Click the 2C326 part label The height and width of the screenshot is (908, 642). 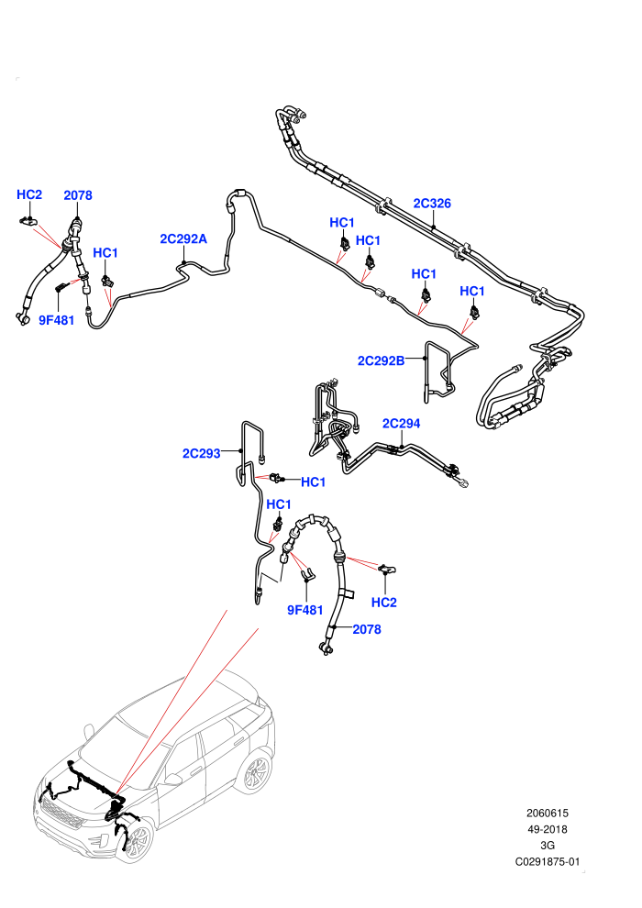(x=432, y=204)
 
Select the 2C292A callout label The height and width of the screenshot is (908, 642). (x=183, y=238)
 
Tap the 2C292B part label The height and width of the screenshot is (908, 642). (x=381, y=360)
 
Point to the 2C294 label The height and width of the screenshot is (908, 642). (x=401, y=424)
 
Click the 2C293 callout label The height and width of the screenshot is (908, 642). (x=202, y=453)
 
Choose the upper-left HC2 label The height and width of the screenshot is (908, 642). (x=29, y=194)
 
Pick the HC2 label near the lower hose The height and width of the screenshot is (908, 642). (x=383, y=603)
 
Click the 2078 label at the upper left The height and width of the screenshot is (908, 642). (x=78, y=195)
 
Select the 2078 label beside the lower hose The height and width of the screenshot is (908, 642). (x=367, y=629)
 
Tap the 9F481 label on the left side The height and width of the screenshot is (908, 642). (x=57, y=320)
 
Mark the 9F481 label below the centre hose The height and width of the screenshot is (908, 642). (x=305, y=610)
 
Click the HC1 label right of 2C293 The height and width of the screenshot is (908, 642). (x=313, y=482)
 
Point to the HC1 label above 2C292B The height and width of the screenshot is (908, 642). (x=423, y=273)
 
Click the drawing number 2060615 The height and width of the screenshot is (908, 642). (x=547, y=813)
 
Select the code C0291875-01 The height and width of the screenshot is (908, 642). (x=547, y=861)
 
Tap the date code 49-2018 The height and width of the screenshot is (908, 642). (x=547, y=829)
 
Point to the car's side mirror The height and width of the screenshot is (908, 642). (x=173, y=779)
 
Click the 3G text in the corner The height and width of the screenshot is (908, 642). (x=547, y=846)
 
